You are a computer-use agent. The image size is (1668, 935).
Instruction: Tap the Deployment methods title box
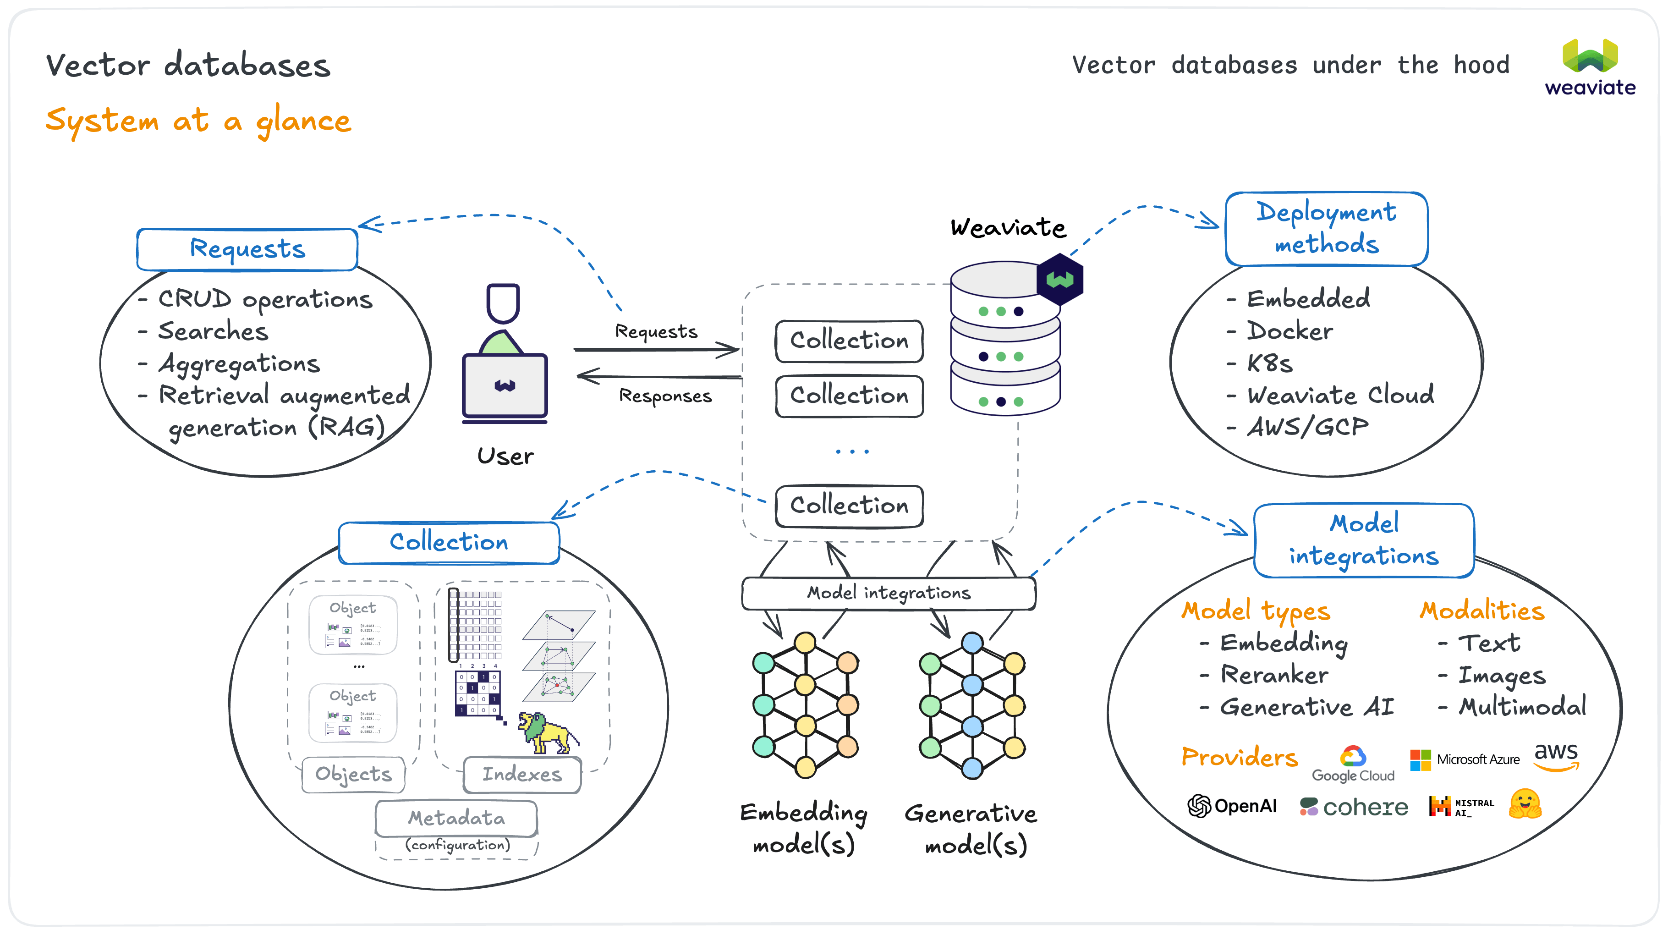coord(1326,229)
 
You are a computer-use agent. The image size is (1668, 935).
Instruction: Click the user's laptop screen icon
coord(505,386)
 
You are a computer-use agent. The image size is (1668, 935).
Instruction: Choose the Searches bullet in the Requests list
coord(213,331)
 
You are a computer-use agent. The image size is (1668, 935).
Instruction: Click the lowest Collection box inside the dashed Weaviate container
coord(849,506)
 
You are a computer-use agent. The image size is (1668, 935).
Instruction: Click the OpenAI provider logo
coord(1232,806)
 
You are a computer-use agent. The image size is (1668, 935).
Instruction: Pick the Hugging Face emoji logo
coord(1525,804)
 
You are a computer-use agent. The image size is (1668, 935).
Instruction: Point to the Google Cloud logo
coord(1353,764)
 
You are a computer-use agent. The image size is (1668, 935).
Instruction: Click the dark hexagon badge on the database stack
coord(1059,280)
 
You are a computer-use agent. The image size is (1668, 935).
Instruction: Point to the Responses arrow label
coord(665,396)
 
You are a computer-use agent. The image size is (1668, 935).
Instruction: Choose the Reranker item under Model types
coord(1273,675)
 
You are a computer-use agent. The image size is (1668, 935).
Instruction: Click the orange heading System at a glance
coord(198,121)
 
